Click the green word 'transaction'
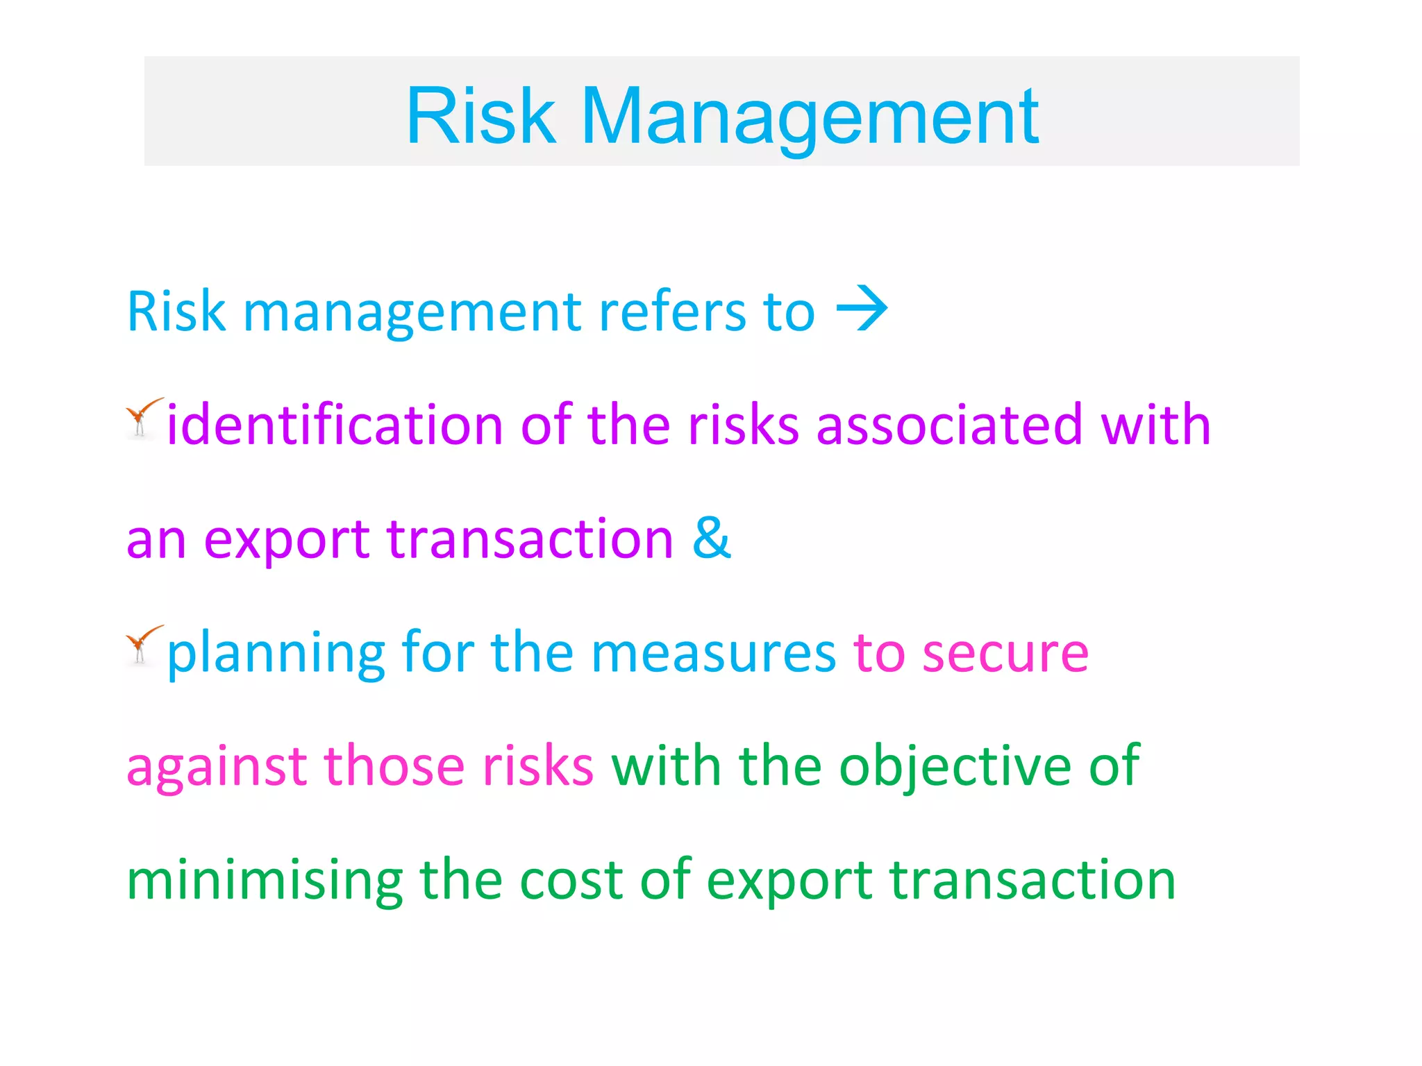[x=1032, y=880]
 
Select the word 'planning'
[x=276, y=654]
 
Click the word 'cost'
[x=571, y=880]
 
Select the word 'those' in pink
[x=394, y=766]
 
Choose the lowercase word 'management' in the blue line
[x=412, y=312]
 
